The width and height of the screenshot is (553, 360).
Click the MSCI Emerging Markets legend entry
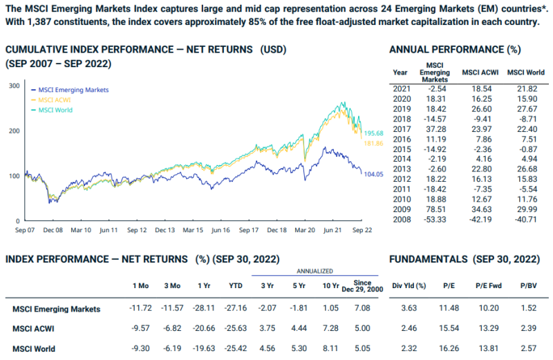pyautogui.click(x=73, y=90)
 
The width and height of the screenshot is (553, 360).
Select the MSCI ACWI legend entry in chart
pyautogui.click(x=57, y=100)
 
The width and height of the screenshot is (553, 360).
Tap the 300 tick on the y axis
pyautogui.click(x=13, y=85)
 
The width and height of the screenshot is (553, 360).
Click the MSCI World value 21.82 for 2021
pyautogui.click(x=527, y=89)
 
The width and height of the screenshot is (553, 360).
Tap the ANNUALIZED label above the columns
pyautogui.click(x=315, y=272)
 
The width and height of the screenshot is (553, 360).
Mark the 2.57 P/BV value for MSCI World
pyautogui.click(x=529, y=349)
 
